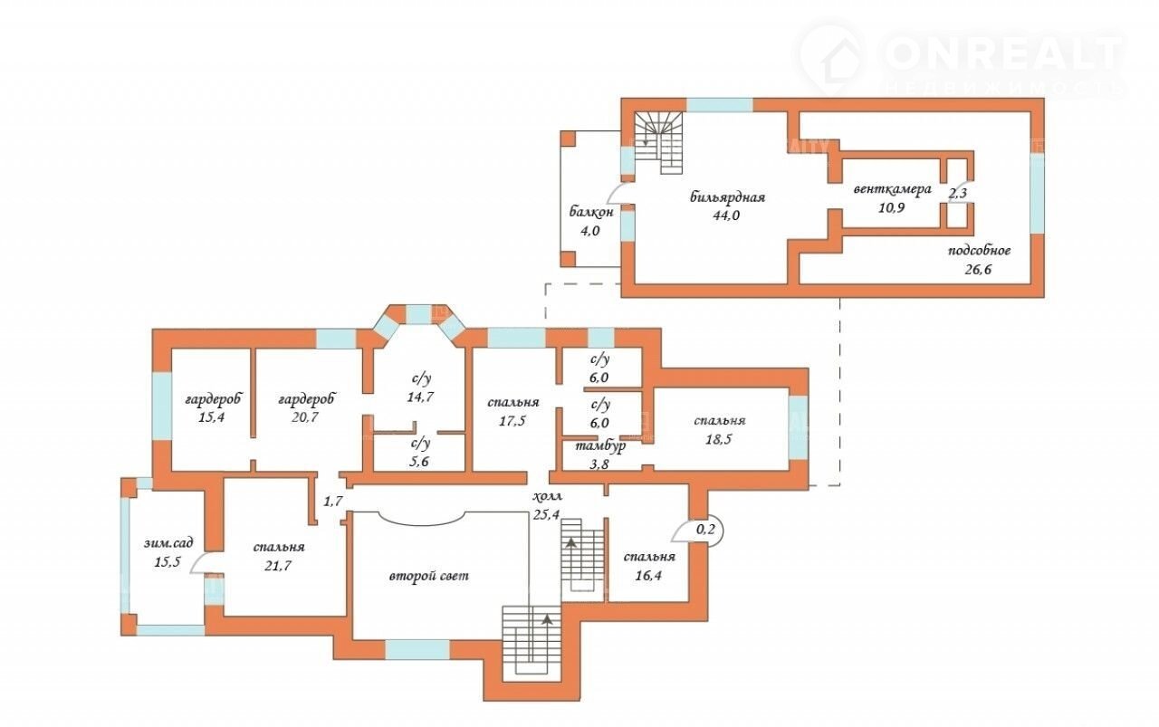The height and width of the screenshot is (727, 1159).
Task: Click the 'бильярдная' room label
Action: click(727, 197)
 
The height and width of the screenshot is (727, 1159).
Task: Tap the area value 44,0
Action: click(726, 215)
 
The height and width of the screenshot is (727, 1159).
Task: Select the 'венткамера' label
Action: click(892, 189)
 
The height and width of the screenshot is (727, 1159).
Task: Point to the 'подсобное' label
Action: click(979, 251)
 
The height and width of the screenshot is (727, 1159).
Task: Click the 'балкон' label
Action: click(591, 212)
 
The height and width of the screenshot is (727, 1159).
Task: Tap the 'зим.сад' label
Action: click(168, 543)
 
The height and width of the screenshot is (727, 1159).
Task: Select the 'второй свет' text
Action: click(429, 576)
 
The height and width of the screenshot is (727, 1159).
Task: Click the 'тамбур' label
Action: click(600, 445)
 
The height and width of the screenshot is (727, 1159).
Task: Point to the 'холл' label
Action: click(548, 497)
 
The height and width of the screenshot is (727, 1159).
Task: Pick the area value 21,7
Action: click(278, 566)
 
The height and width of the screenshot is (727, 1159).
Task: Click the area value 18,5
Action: click(719, 440)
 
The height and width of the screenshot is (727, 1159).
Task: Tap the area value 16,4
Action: click(648, 576)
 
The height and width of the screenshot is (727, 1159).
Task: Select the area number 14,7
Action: click(420, 397)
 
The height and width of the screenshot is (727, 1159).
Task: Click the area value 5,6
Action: click(419, 462)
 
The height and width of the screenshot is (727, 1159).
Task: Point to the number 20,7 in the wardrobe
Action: click(305, 417)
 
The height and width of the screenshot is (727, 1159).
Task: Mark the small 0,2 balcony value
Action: click(705, 530)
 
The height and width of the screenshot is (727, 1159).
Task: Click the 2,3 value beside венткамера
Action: click(957, 194)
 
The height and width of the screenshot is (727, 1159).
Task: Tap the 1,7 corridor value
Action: click(333, 501)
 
